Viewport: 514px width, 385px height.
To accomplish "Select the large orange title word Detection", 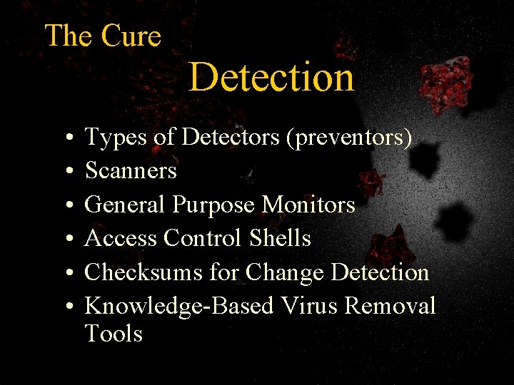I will point(271,77).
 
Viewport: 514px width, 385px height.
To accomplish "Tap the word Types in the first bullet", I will point(116,138).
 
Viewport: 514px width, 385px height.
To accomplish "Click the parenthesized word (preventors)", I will point(348,138).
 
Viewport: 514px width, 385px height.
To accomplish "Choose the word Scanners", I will point(131,170).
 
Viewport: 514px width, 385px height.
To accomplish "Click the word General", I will point(126,205).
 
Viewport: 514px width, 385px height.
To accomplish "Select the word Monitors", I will point(308,205).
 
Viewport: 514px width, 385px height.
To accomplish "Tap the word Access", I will point(121,238).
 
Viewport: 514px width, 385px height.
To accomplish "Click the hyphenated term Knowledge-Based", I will point(179,307).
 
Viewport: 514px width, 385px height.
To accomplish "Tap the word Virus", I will point(309,306).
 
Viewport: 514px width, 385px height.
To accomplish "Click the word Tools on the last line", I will point(114,334).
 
